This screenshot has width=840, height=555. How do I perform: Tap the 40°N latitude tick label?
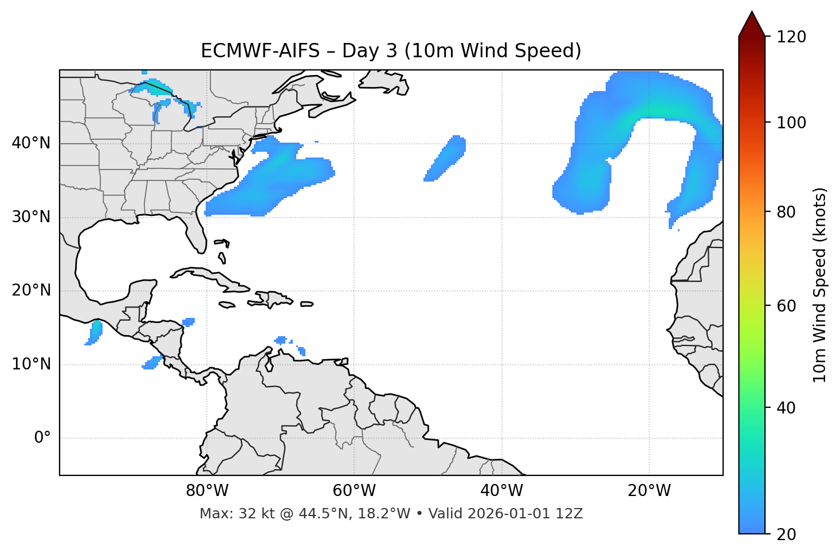[x=31, y=143]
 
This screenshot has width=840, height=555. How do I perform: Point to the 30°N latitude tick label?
[x=31, y=217]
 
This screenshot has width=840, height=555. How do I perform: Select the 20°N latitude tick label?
[x=31, y=290]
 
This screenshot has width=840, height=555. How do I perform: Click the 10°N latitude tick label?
[x=31, y=364]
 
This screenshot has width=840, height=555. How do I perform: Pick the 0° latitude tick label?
[x=42, y=438]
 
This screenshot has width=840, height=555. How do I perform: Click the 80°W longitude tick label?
[x=207, y=491]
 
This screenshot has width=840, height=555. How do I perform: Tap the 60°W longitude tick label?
[x=354, y=491]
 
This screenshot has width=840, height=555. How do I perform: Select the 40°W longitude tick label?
[x=501, y=491]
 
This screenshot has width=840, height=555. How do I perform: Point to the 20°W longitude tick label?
[x=649, y=491]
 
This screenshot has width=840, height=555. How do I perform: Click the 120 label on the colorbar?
[x=791, y=37]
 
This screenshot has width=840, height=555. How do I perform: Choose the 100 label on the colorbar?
[x=791, y=123]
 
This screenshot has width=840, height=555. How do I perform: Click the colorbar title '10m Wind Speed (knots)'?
[x=820, y=285]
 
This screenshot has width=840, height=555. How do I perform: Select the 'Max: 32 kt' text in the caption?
[x=225, y=514]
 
